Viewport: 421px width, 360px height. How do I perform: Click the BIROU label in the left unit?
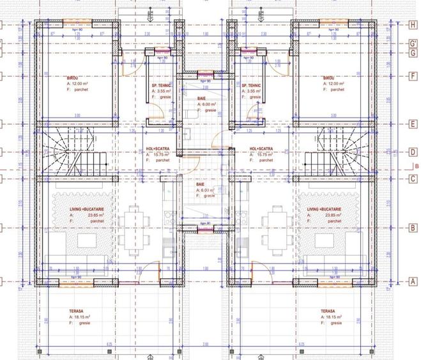(x=73, y=76)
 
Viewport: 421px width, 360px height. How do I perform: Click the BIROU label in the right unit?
(x=329, y=76)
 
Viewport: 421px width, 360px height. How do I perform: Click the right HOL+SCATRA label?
(x=261, y=148)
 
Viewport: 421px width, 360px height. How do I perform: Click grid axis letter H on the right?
(x=413, y=25)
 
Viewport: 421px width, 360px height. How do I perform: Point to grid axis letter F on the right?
(x=413, y=75)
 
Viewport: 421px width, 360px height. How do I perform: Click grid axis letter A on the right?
(x=413, y=281)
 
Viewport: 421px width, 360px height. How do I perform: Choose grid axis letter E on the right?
(x=413, y=123)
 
